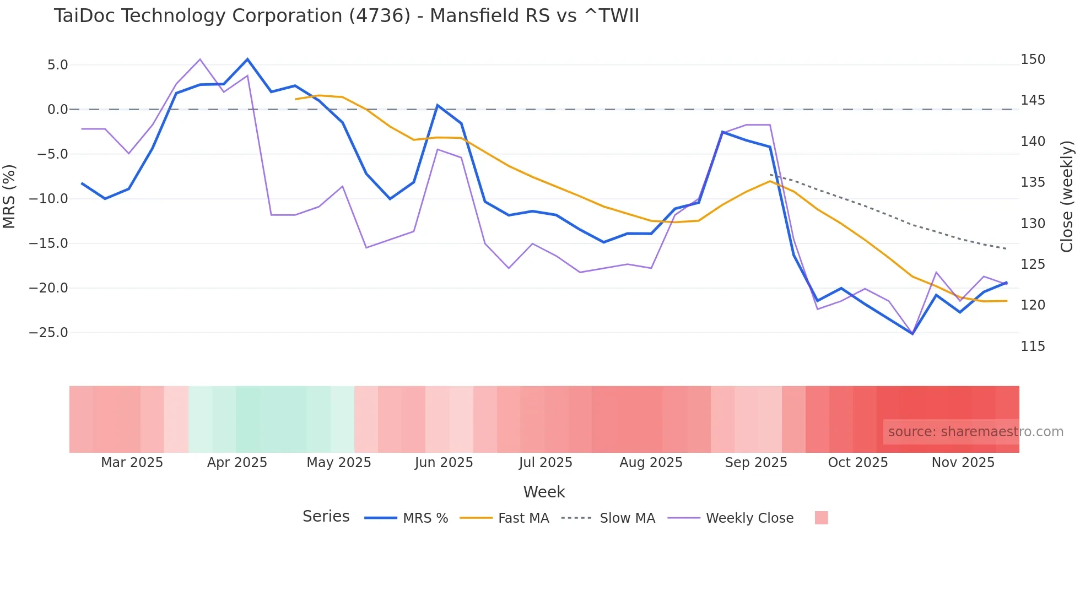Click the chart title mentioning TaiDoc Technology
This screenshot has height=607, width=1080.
click(346, 16)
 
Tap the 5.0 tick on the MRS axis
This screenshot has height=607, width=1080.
click(57, 65)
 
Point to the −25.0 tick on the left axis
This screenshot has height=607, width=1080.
click(48, 333)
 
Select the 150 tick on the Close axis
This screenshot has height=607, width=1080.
click(1033, 59)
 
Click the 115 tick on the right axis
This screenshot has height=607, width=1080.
click(1033, 346)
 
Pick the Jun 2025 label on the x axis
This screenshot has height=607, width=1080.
click(444, 463)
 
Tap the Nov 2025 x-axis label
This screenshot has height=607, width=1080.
click(963, 463)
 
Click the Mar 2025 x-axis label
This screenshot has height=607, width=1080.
click(132, 463)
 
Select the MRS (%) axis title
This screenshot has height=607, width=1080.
click(9, 197)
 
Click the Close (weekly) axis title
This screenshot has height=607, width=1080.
click(1067, 197)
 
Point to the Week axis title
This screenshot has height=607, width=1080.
click(544, 492)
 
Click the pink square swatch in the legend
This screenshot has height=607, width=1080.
click(821, 518)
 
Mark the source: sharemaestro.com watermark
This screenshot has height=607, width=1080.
click(975, 432)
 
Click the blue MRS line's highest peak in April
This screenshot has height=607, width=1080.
click(247, 59)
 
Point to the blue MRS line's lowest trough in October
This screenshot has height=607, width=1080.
click(912, 334)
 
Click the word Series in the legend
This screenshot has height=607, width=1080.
click(326, 517)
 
